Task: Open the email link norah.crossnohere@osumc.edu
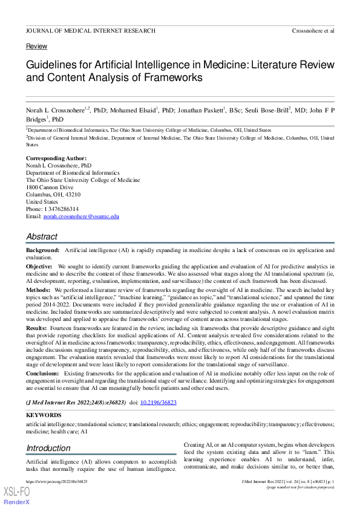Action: (x=81, y=216)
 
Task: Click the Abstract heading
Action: (x=42, y=236)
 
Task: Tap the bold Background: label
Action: (x=42, y=250)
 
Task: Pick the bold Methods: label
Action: (x=38, y=290)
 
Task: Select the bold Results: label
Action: (x=37, y=327)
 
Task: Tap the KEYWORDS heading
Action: (x=44, y=415)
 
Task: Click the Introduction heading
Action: (x=48, y=448)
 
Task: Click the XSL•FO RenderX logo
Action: (x=16, y=495)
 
